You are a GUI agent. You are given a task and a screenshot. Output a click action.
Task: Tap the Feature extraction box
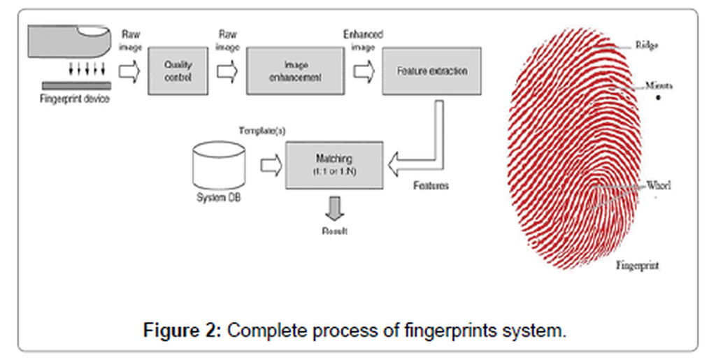point(431,70)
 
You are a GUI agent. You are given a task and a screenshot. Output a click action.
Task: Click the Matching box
point(335,164)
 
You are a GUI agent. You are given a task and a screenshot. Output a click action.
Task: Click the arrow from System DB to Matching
point(269,165)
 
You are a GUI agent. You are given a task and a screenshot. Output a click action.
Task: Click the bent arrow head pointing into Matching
point(400,165)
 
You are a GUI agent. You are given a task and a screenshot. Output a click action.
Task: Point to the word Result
point(334,230)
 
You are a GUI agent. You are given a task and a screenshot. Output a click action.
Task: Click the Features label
point(430,187)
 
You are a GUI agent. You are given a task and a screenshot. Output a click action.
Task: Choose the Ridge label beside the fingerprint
point(647,45)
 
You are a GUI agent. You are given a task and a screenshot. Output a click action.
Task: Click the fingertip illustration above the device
point(68,41)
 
